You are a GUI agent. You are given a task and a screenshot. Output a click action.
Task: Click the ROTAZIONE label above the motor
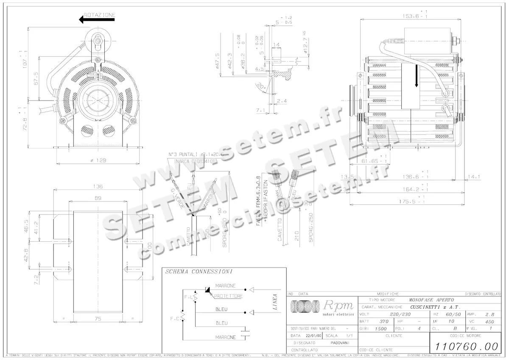coord(100,15)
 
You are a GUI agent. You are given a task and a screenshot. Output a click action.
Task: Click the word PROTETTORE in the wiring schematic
coord(228,296)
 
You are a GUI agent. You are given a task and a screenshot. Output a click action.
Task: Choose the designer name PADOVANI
coord(338,343)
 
